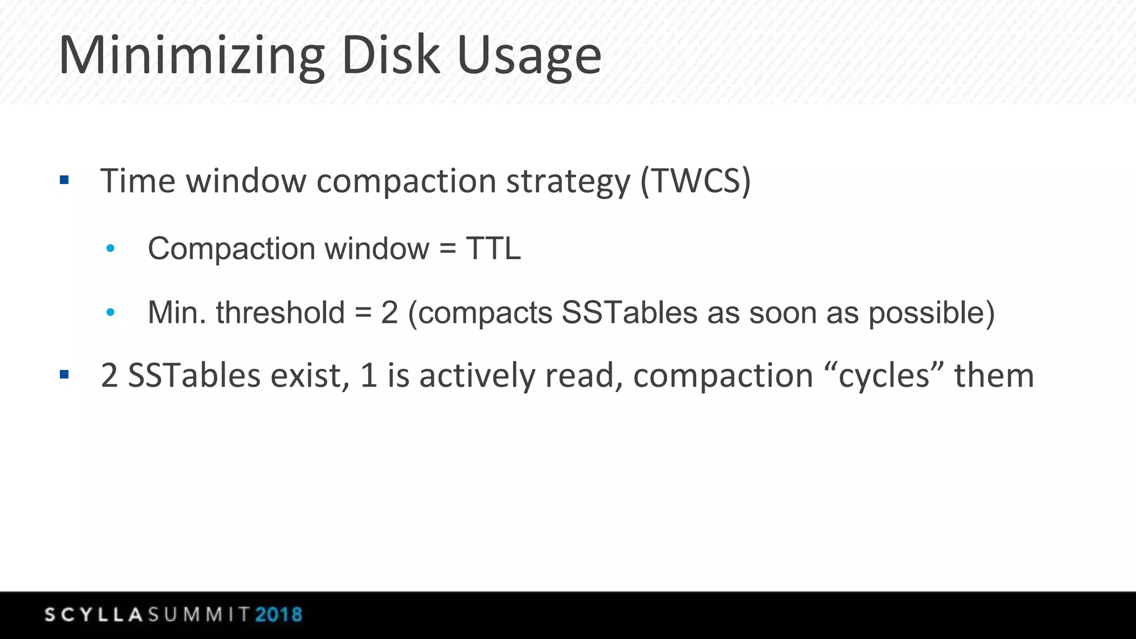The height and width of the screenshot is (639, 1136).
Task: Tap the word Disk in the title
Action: (390, 55)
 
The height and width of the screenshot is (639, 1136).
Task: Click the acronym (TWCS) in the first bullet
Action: (696, 181)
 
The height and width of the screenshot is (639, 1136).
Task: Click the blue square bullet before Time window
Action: (64, 180)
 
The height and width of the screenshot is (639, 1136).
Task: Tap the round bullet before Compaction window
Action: (110, 248)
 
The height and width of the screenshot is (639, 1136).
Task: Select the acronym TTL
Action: (493, 248)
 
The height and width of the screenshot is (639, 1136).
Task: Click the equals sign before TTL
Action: (447, 248)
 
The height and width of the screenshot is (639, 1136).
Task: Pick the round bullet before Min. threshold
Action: (110, 312)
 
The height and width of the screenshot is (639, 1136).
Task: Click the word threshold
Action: (280, 312)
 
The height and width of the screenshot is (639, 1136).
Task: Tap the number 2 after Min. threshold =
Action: (389, 312)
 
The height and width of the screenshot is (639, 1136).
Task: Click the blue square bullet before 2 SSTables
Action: (64, 375)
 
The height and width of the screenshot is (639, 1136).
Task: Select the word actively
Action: (478, 376)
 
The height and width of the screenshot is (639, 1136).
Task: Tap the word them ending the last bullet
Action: (994, 376)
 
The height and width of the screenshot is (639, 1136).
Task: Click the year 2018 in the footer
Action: (279, 615)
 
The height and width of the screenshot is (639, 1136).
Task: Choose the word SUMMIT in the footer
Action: (199, 615)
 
